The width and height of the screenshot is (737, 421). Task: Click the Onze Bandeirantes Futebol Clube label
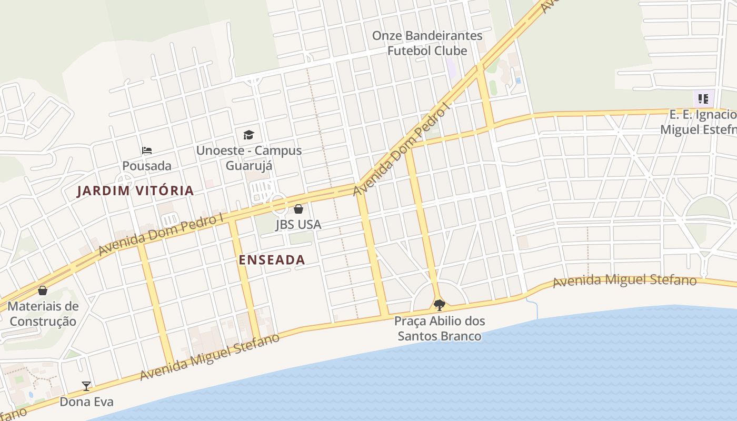pos(427,43)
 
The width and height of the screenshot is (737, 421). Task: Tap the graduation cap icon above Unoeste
pos(248,135)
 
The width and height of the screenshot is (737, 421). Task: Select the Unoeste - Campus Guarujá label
pos(248,158)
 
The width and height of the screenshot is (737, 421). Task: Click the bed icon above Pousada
pos(147,151)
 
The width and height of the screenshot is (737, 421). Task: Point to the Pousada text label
pos(147,166)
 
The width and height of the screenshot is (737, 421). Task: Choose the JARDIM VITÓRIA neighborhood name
pos(136,191)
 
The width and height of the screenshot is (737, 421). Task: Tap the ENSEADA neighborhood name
pos(272,260)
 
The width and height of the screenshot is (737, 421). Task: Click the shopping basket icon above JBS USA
pos(298,209)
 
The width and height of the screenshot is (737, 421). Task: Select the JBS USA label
pos(298,225)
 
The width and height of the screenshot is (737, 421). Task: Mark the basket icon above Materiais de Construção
pos(43,290)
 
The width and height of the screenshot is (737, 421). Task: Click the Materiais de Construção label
pos(43,314)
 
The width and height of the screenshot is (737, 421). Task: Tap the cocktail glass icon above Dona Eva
pos(86,386)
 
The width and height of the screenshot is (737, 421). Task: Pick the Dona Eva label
pos(86,402)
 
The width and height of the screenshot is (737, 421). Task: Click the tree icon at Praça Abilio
pos(439,305)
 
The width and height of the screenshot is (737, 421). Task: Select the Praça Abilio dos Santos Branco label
pos(440,328)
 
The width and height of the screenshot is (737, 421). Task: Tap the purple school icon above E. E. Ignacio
pos(703,98)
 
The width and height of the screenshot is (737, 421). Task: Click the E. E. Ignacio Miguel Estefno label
pos(699,122)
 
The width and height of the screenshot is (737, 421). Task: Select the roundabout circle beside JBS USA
pos(277,202)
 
